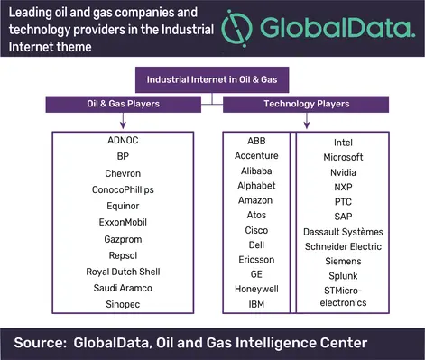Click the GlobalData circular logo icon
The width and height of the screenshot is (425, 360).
tap(236, 28)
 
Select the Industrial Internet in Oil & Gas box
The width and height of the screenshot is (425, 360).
tap(212, 79)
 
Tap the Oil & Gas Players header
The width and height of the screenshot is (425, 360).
tap(124, 104)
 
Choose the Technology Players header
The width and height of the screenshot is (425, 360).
tap(306, 104)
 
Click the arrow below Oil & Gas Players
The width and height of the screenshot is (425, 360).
tap(123, 121)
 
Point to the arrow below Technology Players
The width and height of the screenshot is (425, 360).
tap(307, 121)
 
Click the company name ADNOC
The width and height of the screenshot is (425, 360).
tap(123, 140)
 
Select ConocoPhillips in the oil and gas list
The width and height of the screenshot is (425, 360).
tap(123, 189)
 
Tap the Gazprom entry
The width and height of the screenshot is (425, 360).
tap(123, 239)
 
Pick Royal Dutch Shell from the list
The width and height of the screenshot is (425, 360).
tap(123, 272)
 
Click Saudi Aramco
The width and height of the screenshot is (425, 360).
tap(123, 288)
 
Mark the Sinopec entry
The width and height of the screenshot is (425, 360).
tap(123, 304)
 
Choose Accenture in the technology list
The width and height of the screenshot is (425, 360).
tap(256, 156)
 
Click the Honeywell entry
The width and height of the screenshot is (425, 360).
tap(256, 289)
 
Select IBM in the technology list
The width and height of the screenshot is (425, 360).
tap(256, 304)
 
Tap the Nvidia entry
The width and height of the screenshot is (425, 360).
tap(343, 172)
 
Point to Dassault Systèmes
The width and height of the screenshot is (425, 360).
tap(343, 232)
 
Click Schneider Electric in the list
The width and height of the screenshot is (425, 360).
tap(343, 246)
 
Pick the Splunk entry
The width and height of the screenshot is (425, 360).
tap(343, 276)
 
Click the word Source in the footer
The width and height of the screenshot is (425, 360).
tap(40, 343)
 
